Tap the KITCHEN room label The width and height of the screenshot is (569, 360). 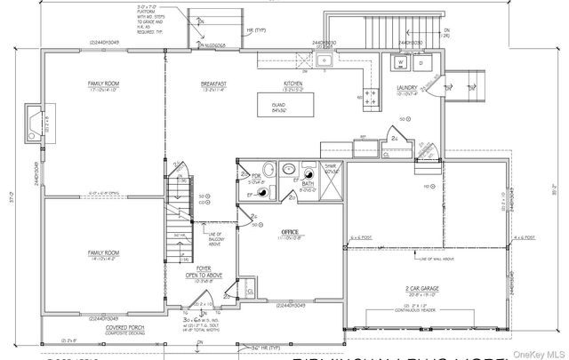[x=293, y=84]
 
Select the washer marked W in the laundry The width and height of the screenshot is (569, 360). [x=399, y=64]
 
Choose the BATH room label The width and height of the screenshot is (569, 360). [x=305, y=184]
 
